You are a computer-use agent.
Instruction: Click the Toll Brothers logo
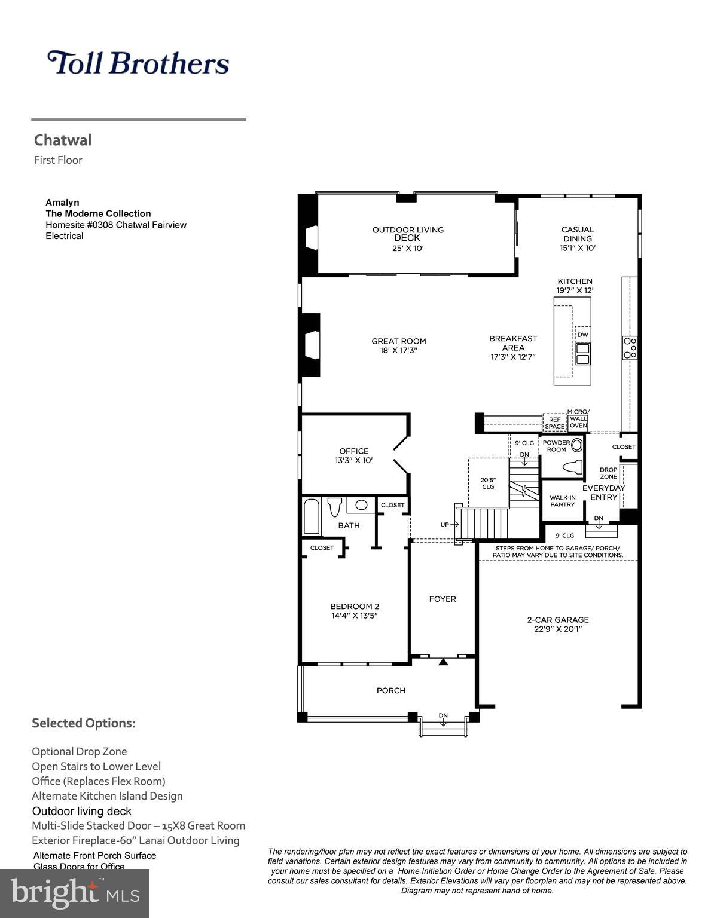(x=138, y=63)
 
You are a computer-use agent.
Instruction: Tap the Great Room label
(x=399, y=341)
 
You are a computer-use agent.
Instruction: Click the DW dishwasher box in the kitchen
(x=582, y=335)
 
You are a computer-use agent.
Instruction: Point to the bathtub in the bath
(x=311, y=517)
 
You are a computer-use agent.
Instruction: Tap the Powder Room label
(x=556, y=446)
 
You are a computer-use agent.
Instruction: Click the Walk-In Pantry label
(x=562, y=501)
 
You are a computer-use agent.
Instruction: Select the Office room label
(x=353, y=451)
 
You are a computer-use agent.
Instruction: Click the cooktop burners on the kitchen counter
(x=630, y=347)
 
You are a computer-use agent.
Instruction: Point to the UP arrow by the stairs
(x=448, y=525)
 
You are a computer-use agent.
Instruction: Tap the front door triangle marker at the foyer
(x=443, y=662)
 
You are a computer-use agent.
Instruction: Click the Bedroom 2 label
(x=355, y=606)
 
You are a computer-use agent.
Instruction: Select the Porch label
(x=390, y=690)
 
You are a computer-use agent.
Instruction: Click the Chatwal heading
(x=63, y=140)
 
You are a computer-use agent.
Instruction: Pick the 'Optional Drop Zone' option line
(x=79, y=752)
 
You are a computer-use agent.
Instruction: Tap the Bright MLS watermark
(x=75, y=893)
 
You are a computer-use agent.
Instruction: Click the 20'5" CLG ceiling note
(x=488, y=483)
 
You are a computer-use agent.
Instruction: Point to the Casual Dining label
(x=577, y=234)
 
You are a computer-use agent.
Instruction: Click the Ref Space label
(x=554, y=423)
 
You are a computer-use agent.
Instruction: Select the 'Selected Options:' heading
(x=84, y=723)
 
